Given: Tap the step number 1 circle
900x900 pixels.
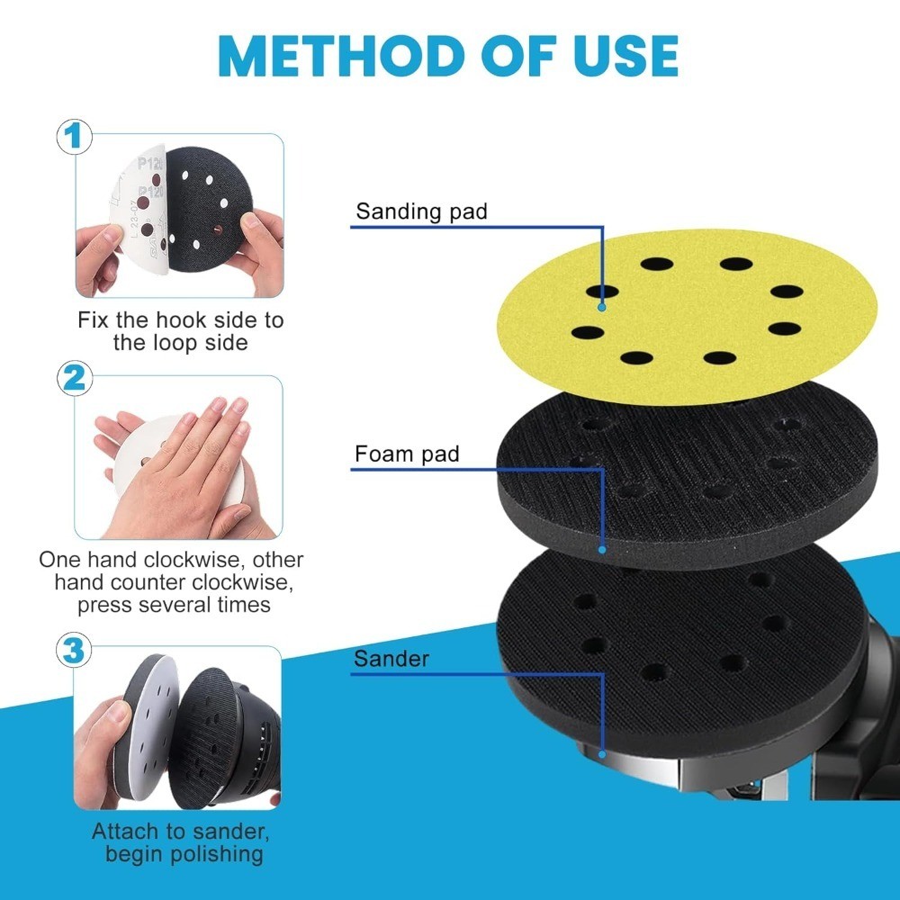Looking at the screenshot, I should [75, 139].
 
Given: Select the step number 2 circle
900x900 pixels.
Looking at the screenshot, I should [75, 379].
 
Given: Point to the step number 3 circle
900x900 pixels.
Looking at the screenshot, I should [75, 650].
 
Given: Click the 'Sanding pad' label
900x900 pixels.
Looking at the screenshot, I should [421, 212].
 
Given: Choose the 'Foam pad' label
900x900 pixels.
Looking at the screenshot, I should [407, 454].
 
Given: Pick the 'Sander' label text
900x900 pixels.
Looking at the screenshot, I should [391, 658].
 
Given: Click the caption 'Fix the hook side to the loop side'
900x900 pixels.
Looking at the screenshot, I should [180, 330].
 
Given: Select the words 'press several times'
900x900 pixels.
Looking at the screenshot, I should [174, 605].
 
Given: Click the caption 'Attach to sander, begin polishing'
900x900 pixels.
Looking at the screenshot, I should [179, 842].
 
